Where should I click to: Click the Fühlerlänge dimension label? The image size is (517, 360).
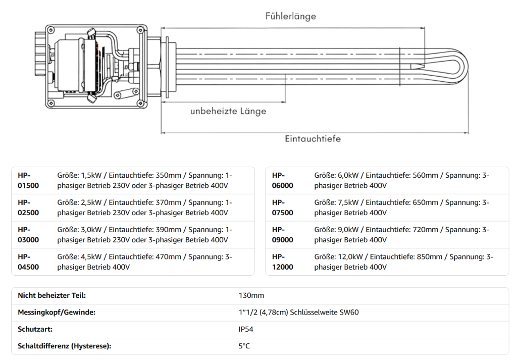click(291, 16)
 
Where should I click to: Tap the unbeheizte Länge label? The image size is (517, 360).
click(228, 111)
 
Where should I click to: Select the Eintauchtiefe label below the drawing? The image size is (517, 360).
click(313, 138)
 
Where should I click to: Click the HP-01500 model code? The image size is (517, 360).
click(28, 180)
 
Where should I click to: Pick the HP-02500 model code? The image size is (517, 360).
click(28, 208)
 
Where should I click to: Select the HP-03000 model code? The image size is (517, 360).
click(28, 235)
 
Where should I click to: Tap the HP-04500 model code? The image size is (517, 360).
click(28, 262)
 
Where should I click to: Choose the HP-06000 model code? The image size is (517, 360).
click(282, 180)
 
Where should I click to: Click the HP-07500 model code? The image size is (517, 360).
click(282, 208)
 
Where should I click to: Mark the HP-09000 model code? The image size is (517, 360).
click(282, 235)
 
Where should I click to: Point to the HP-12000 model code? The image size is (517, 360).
click(282, 262)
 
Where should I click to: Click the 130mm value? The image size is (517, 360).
click(251, 295)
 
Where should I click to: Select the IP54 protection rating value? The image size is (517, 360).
click(247, 329)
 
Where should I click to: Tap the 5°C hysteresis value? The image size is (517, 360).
click(244, 346)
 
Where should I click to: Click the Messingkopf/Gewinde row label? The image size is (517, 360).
click(57, 313)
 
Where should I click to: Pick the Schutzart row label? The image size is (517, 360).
click(35, 329)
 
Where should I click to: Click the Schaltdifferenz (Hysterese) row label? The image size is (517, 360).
click(64, 346)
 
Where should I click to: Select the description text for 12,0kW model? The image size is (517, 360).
click(404, 262)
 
